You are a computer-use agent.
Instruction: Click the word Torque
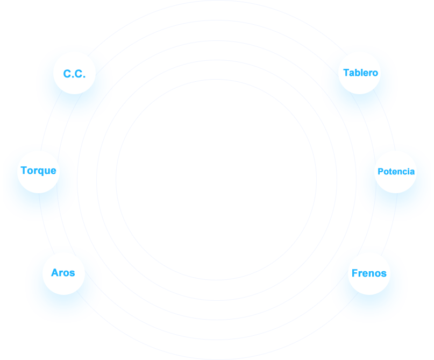[38, 171]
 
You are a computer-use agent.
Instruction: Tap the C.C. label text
[74, 74]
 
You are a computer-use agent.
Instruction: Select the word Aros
[63, 273]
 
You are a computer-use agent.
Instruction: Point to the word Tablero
[360, 73]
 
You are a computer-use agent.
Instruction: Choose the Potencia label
[396, 172]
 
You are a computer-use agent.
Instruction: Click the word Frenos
[369, 273]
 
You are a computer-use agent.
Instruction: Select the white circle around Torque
[38, 183]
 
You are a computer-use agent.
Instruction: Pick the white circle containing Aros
[63, 285]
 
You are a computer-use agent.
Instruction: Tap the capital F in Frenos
[354, 273]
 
